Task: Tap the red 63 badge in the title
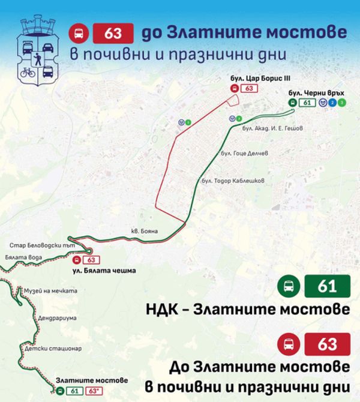pyautogui.click(x=112, y=34)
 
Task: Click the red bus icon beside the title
pyautogui.click(x=79, y=34)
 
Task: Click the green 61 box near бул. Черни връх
pyautogui.click(x=307, y=103)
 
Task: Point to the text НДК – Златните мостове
pyautogui.click(x=248, y=310)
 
